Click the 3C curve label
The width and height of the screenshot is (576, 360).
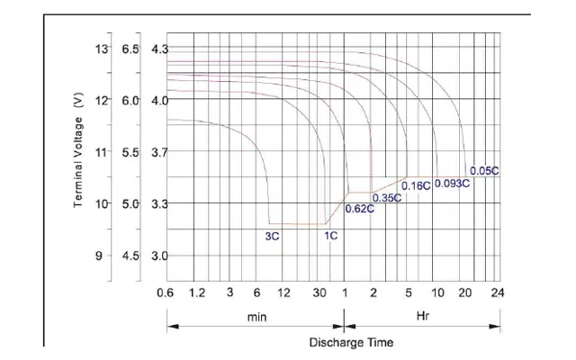272,236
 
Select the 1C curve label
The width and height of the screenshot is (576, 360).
331,236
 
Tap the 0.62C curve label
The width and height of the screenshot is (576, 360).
360,210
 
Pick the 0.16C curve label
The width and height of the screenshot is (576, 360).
416,186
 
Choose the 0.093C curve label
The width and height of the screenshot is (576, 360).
452,184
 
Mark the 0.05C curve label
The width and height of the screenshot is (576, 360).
484,170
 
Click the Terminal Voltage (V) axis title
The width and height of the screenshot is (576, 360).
78,150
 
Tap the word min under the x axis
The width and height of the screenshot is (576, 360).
256,318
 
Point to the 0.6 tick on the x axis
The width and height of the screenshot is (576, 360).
165,292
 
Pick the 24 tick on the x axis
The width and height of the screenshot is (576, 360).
497,292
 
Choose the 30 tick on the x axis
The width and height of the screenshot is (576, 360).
320,292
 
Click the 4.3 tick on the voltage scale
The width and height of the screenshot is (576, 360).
160,49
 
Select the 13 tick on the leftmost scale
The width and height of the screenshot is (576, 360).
101,48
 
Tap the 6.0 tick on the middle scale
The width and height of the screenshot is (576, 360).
130,100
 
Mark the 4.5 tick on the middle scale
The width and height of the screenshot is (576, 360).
130,256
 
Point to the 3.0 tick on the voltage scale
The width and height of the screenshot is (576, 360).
160,256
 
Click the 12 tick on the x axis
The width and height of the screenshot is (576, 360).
284,292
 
